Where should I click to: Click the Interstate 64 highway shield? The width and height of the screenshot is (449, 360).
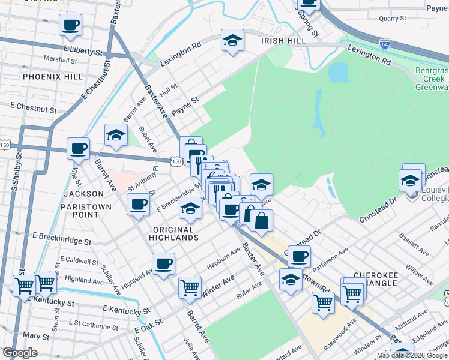384,44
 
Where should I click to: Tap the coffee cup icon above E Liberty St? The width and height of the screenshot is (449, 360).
70,26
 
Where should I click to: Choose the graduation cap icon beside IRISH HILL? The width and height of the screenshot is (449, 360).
232,40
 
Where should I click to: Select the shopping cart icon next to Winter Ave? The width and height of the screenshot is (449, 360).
190,287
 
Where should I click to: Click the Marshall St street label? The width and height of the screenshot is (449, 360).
61,60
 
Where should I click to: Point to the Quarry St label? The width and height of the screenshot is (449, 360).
393,19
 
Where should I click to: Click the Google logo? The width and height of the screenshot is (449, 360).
20,353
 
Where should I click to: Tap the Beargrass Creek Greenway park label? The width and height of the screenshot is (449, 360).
431,79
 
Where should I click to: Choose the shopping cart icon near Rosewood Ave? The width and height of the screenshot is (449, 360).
322,304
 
